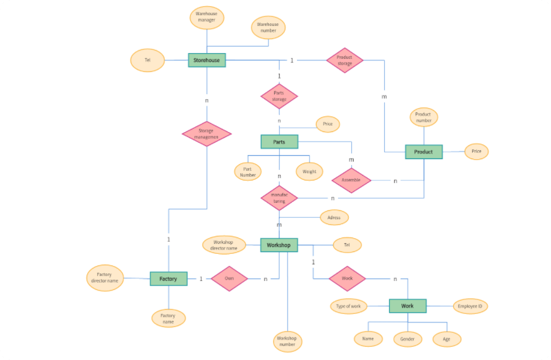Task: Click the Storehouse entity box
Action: click(x=207, y=60)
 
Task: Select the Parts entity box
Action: click(x=279, y=142)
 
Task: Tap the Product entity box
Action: click(x=423, y=152)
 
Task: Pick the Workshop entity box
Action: click(x=279, y=245)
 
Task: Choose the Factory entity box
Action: click(x=168, y=279)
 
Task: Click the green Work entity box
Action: click(x=408, y=306)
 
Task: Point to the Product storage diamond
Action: click(x=344, y=60)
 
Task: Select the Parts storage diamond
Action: click(x=279, y=96)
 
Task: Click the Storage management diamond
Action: click(x=207, y=133)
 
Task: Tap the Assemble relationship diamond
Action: click(x=351, y=180)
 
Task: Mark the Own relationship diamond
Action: click(x=228, y=279)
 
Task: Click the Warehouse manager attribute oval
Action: click(x=207, y=17)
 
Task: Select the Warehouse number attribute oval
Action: click(x=268, y=27)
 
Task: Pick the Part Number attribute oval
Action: click(x=248, y=171)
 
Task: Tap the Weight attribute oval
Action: click(x=310, y=171)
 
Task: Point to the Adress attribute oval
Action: click(x=334, y=217)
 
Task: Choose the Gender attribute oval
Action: click(x=408, y=339)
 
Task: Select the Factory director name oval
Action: click(x=105, y=278)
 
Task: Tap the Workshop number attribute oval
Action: click(x=287, y=342)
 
